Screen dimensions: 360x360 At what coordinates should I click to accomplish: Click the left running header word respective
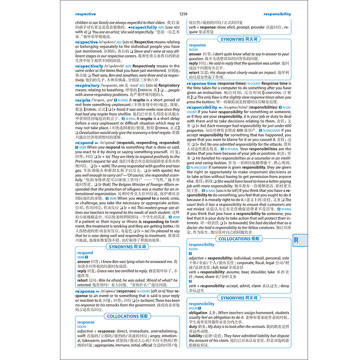86,14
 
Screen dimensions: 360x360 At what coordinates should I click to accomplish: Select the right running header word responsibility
277,14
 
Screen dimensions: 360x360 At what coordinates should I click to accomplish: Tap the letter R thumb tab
296,240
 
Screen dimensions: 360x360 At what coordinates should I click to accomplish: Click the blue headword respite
83,100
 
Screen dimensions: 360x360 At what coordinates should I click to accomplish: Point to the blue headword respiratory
87,85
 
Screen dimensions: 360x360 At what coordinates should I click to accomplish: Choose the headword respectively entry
89,66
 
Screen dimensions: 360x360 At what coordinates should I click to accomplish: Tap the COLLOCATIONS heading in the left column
127,316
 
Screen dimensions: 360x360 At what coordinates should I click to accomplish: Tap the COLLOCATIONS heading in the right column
239,238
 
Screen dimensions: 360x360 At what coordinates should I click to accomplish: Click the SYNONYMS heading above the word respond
127,247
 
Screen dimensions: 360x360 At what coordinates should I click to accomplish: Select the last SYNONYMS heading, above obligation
239,298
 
